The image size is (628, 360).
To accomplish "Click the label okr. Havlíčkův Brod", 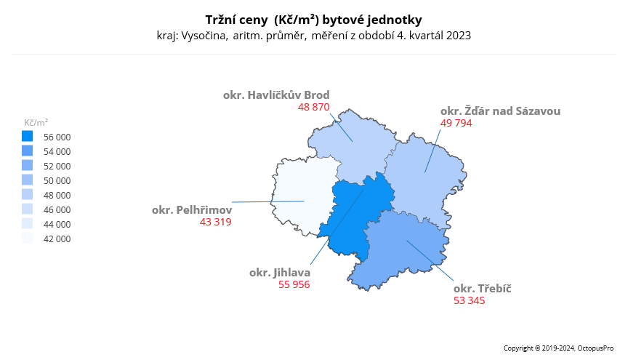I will coord(276,95).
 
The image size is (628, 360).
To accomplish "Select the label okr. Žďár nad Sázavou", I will coord(500,111).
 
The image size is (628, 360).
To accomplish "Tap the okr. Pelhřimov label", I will coord(191,209).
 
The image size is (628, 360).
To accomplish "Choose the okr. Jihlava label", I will coord(279,272).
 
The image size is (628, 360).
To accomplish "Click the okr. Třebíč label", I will coord(482,288).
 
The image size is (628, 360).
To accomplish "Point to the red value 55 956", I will coord(294,284).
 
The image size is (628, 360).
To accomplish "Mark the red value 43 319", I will coord(215,222).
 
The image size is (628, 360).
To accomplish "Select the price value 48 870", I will coord(314,107).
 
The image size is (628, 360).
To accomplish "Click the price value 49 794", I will coord(456,123).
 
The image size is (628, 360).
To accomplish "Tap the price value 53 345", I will coord(469,300).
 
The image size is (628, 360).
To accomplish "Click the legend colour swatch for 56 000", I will coord(28,136).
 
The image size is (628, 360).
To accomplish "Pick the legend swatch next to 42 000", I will coord(28,238).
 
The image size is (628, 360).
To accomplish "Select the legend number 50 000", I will coord(57,180).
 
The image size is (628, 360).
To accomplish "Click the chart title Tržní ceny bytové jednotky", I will coord(313,19).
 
